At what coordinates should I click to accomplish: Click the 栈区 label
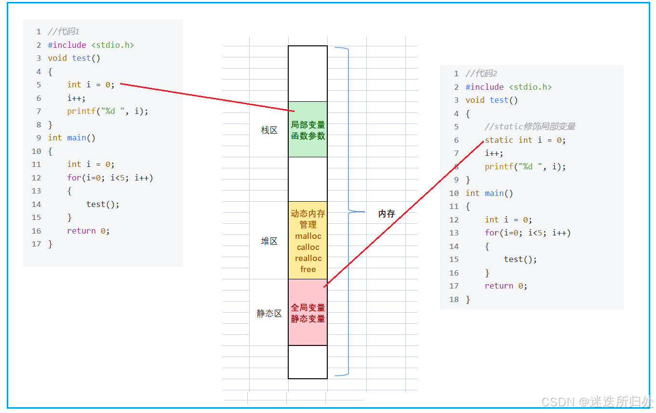[x=269, y=130]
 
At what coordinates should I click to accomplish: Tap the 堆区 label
[x=269, y=241]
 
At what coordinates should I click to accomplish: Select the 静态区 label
[x=269, y=314]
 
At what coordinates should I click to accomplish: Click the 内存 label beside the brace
[x=387, y=214]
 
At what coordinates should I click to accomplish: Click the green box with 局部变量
[x=308, y=130]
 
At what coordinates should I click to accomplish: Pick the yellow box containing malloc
[x=308, y=240]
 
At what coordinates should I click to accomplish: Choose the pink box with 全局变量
[x=308, y=313]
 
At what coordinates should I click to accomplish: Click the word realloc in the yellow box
[x=308, y=258]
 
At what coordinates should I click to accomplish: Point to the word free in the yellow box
[x=308, y=269]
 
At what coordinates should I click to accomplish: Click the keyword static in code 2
[x=499, y=140]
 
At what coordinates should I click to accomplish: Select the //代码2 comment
[x=481, y=73]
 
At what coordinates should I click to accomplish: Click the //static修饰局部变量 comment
[x=530, y=126]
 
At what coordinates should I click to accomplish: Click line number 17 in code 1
[x=37, y=244]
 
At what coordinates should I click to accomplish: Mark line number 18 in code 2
[x=454, y=299]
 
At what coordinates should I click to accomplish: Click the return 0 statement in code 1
[x=88, y=231]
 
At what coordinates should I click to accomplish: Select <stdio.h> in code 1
[x=112, y=45]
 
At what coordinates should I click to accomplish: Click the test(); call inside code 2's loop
[x=521, y=259]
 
